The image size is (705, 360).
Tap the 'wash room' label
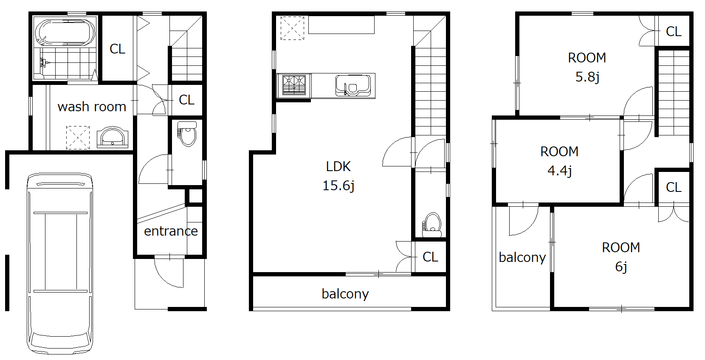92,107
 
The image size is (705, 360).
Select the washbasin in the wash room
113,137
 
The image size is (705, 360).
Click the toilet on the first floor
187,134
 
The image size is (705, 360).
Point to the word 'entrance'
171,231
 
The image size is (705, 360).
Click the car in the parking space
60,263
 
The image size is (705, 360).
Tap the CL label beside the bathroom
117,49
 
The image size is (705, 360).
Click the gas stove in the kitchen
294,85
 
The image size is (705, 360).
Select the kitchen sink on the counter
353,85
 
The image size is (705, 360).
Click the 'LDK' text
338,166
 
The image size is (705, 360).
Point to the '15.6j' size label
338,186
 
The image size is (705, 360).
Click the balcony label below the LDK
345,294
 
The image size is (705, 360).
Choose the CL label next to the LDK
430,257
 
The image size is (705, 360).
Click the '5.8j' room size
587,77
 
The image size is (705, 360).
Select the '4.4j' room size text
560,171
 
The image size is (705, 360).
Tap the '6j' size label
621,267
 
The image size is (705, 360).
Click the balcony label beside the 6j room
522,257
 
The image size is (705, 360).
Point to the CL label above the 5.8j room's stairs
674,31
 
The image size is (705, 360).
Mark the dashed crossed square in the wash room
78,138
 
